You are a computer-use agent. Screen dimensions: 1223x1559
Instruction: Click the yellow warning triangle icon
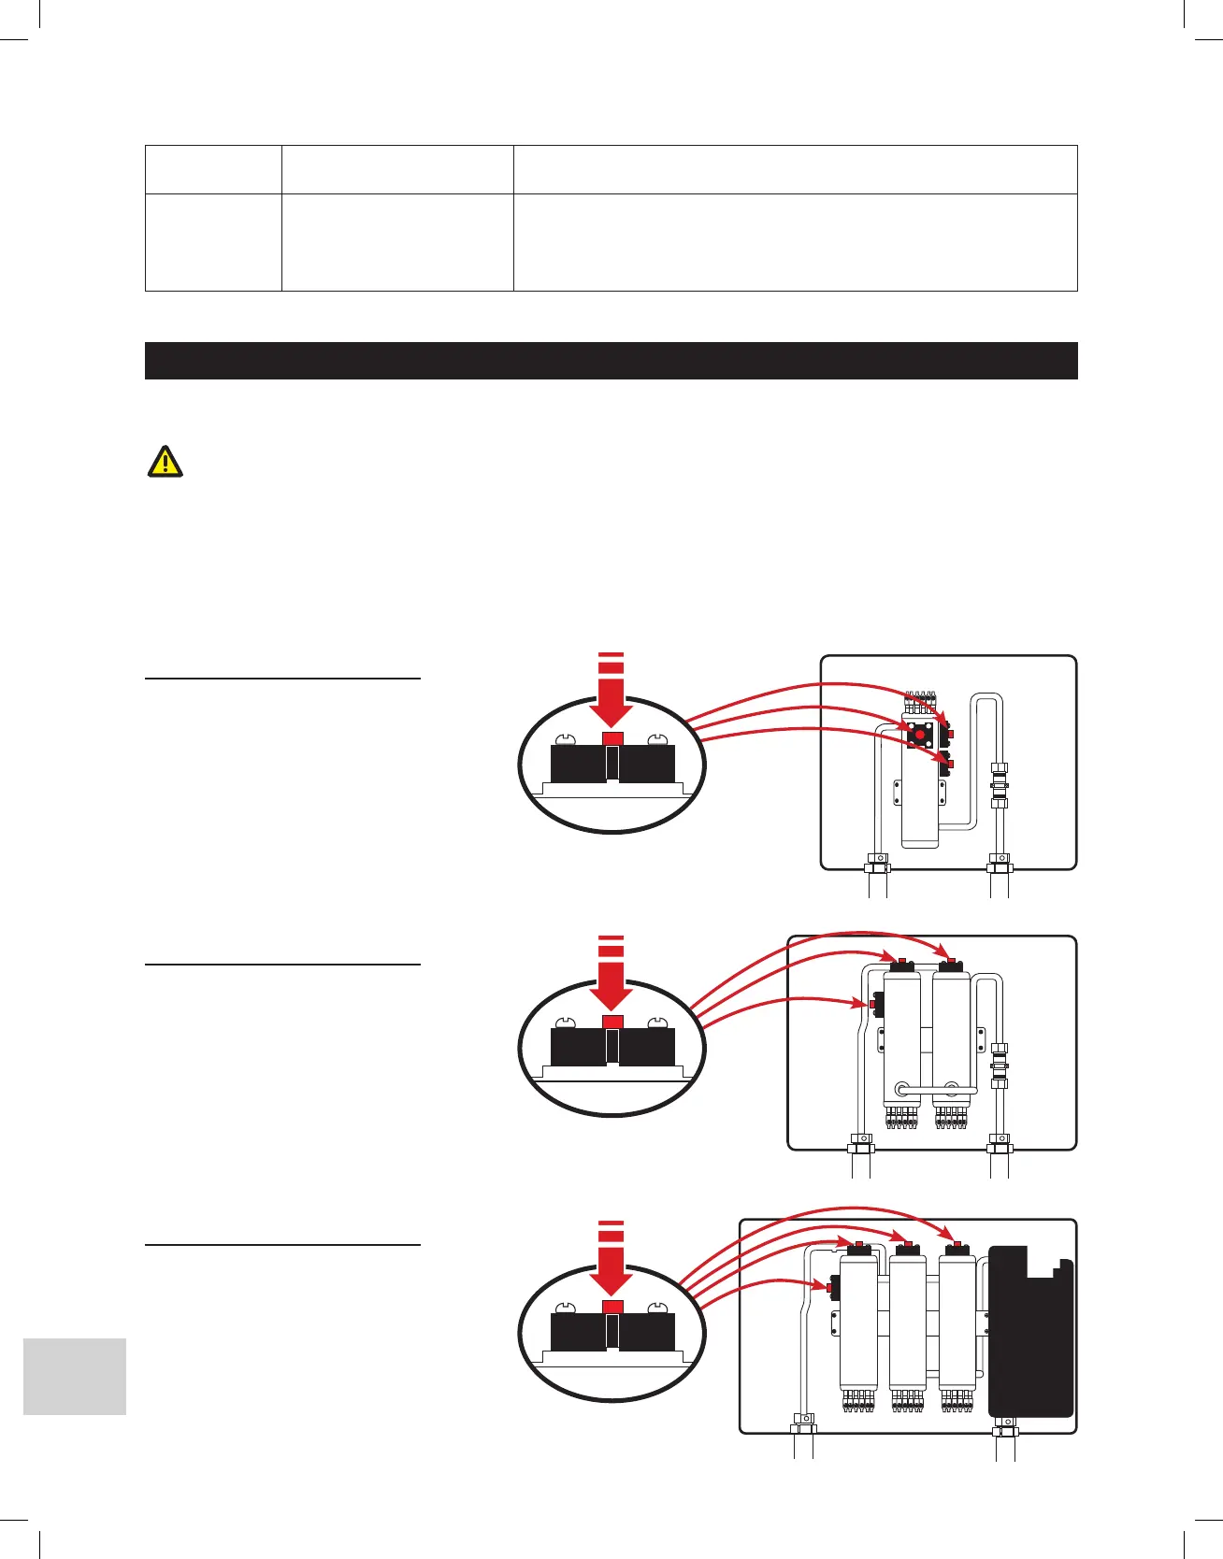[x=165, y=462]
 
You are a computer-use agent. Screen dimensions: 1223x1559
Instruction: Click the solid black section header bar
[x=611, y=361]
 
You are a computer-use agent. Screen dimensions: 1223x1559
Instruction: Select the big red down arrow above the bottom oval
[x=611, y=1263]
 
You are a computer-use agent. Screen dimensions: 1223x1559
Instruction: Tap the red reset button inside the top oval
[x=612, y=738]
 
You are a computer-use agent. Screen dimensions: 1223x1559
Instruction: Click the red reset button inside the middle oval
[x=612, y=1022]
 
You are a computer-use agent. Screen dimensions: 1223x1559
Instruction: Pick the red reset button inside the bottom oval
[x=612, y=1306]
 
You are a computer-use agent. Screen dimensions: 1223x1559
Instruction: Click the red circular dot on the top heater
[x=920, y=735]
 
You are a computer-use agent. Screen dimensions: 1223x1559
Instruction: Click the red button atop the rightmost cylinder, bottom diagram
[x=957, y=1245]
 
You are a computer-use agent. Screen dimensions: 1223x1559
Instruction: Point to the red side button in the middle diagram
[x=871, y=1005]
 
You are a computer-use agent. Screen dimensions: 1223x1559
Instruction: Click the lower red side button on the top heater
[x=950, y=765]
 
